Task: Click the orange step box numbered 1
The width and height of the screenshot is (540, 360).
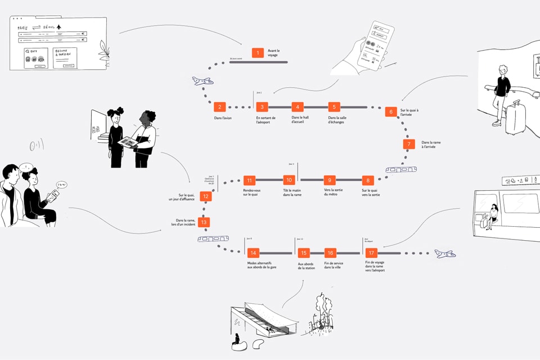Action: click(258, 53)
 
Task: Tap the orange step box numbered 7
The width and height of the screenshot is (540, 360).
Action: click(409, 144)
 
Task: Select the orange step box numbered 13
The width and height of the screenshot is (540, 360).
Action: click(204, 222)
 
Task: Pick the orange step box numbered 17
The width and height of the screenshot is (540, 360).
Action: click(371, 253)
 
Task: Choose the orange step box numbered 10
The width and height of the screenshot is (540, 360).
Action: click(289, 181)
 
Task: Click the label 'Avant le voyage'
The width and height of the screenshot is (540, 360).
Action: click(273, 53)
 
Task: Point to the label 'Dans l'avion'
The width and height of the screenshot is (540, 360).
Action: click(222, 118)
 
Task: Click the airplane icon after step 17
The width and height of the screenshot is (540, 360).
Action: click(445, 254)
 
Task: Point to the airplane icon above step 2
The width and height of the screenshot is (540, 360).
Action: click(202, 81)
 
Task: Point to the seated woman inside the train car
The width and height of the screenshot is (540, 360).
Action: click(493, 215)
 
